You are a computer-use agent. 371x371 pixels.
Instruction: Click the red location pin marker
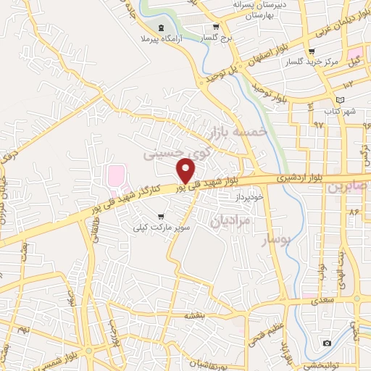click(186, 170)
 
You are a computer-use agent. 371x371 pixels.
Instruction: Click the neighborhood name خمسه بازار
click(238, 133)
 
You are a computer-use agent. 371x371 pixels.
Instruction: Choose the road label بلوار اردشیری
click(299, 178)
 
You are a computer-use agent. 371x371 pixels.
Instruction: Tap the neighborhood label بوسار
click(275, 238)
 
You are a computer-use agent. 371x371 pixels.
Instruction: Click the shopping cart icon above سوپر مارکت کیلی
click(160, 216)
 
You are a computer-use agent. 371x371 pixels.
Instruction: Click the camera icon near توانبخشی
click(327, 342)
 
